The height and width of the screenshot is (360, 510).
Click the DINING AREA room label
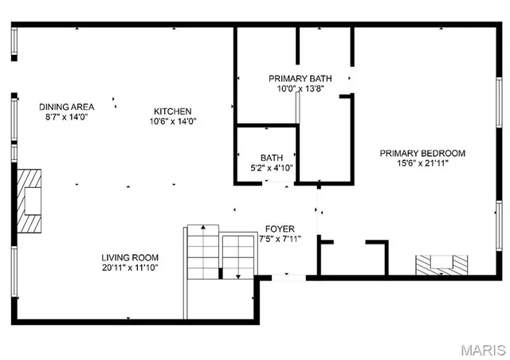point(67,106)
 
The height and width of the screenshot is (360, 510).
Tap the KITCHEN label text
point(172,112)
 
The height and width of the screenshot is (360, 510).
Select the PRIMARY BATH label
point(299,78)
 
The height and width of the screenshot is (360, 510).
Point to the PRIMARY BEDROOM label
point(422,153)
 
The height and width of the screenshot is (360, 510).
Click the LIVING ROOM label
point(129,257)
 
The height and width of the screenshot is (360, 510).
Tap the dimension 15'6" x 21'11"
point(422,163)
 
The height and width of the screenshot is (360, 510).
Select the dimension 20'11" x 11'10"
point(129,268)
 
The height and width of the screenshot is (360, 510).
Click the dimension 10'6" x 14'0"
point(172,122)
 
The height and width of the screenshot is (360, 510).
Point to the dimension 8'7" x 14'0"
point(67,116)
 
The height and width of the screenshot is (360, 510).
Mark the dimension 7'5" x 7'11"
point(280,239)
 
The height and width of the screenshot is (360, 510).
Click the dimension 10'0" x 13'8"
point(299,88)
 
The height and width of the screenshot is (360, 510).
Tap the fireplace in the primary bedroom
point(441,264)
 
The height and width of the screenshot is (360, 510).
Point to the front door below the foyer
point(284,277)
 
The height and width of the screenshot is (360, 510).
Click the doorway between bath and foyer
point(278,184)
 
